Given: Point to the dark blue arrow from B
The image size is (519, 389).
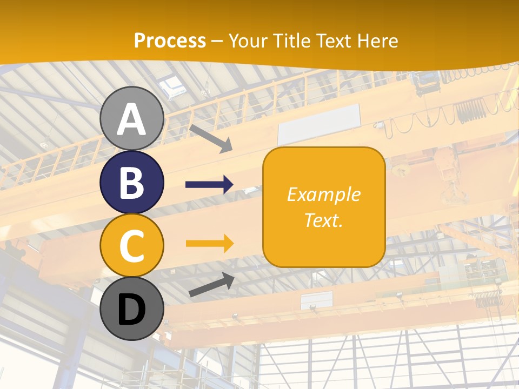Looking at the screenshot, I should coord(209,185).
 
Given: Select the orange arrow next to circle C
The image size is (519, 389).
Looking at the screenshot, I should coord(209,244).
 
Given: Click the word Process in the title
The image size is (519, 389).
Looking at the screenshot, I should coord(170,41).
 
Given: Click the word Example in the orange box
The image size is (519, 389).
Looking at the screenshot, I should coord(324,194).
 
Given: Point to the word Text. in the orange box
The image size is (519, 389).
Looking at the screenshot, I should coord(324,220).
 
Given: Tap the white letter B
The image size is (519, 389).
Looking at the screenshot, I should coord(132,183).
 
